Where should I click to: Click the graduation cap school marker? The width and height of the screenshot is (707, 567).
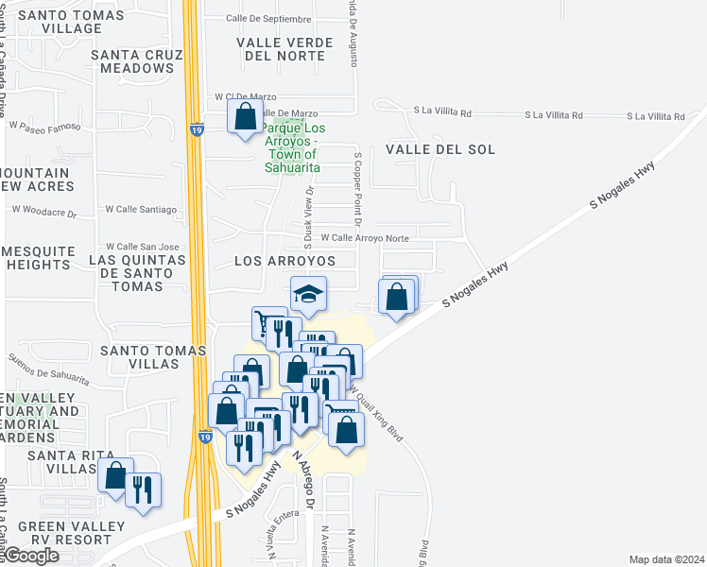(308, 296)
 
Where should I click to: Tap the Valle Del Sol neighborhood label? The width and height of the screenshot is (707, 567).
(426, 150)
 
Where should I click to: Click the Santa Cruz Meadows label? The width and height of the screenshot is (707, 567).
(137, 61)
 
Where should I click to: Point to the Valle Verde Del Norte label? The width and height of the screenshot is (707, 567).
(285, 49)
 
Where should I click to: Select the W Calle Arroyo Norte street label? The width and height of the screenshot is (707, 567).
(365, 239)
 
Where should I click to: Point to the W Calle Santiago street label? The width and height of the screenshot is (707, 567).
(141, 209)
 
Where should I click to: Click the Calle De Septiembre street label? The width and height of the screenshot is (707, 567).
(268, 19)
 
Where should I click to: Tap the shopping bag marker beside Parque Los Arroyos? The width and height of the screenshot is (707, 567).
(246, 118)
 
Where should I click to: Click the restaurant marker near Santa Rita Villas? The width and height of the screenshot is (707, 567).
(143, 490)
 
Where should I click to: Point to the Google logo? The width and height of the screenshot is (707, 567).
(31, 556)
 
